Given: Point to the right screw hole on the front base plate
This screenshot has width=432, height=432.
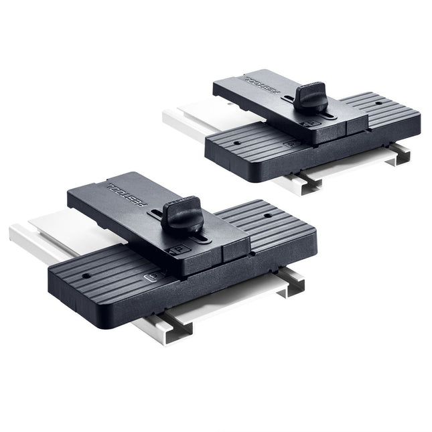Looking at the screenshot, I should tap(267, 216).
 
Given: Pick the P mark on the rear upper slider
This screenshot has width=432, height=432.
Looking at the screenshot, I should tap(311, 125).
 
